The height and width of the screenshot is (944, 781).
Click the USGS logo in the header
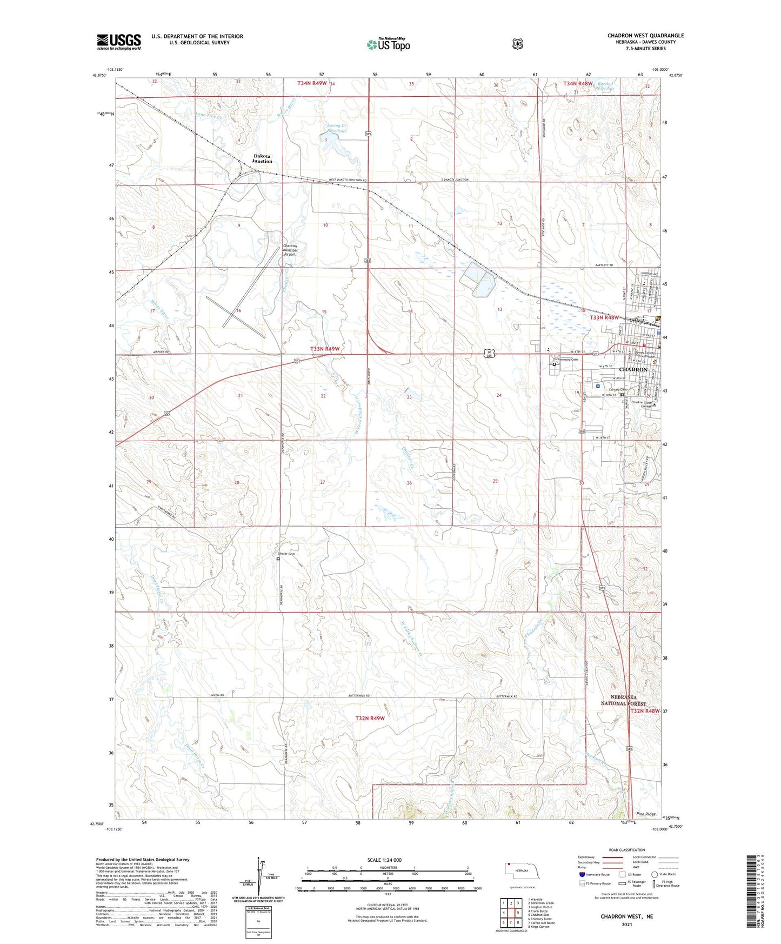pyautogui.click(x=118, y=42)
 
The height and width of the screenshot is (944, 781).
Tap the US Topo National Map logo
pyautogui.click(x=389, y=44)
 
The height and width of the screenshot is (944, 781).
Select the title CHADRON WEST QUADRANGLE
pyautogui.click(x=645, y=36)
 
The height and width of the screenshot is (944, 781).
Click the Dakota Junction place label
pyautogui.click(x=262, y=158)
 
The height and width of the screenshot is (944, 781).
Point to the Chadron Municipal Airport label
pyautogui.click(x=290, y=250)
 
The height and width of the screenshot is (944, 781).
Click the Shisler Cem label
pyautogui.click(x=286, y=554)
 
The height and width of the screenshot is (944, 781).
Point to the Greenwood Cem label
pyautogui.click(x=565, y=359)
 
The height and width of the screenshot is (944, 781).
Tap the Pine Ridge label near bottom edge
pyautogui.click(x=645, y=814)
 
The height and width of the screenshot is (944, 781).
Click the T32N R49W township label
pyautogui.click(x=370, y=718)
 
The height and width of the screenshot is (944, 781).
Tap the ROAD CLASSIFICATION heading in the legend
pyautogui.click(x=626, y=850)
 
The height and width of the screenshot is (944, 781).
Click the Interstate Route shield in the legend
pyautogui.click(x=582, y=874)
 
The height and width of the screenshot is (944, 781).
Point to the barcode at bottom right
pyautogui.click(x=751, y=890)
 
